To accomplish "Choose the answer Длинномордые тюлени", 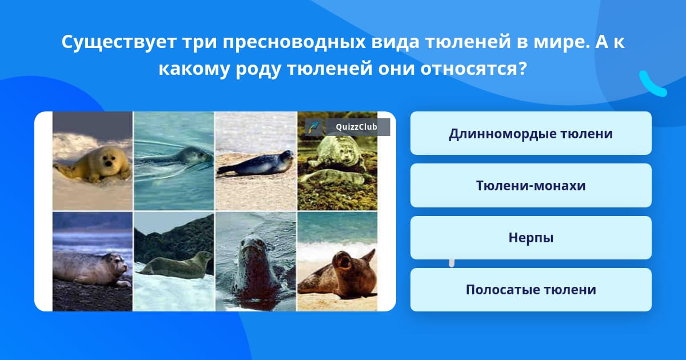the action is coord(531,134).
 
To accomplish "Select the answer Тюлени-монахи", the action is coord(531,186).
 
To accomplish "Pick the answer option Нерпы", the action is coord(531,238).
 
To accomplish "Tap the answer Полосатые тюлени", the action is coord(531,290).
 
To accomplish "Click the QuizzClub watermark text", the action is coord(356,127).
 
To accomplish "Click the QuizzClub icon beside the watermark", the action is coord(314,127).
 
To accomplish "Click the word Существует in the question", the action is coord(119,42).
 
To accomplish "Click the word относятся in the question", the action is coord(473,69).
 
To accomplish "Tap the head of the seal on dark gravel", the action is coord(118,264).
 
